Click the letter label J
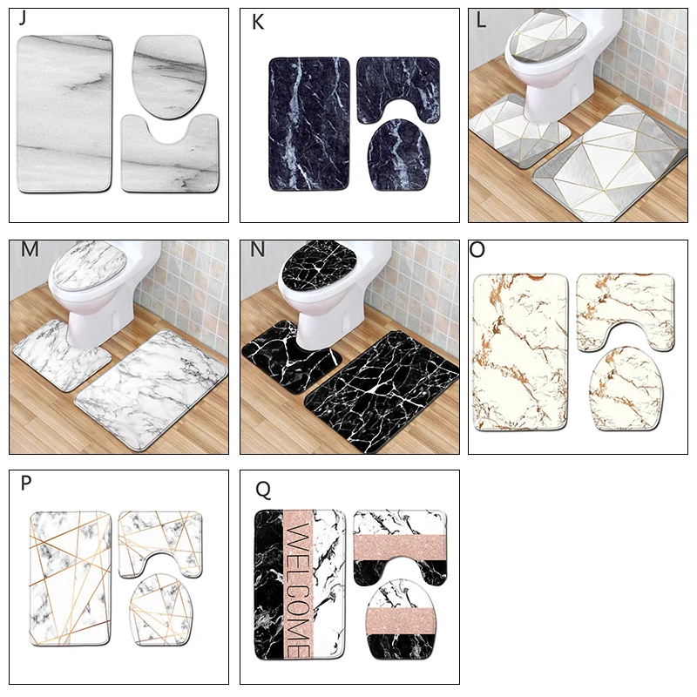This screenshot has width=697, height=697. click(x=22, y=20)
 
